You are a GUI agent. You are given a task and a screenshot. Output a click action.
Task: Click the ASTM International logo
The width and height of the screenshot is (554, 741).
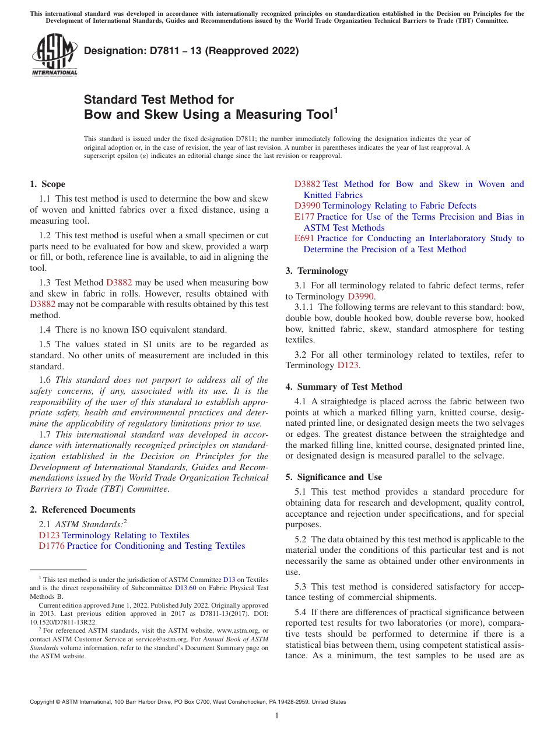[x=54, y=55]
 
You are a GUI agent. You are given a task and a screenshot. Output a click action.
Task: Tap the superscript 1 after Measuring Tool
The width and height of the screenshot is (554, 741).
[x=335, y=109]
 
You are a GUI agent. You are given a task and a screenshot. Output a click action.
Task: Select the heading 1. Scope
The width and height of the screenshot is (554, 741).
[x=48, y=184]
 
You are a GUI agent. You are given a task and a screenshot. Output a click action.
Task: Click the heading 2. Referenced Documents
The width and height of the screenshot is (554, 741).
[x=83, y=510]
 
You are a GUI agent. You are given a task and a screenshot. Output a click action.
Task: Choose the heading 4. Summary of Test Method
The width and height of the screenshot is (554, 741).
[x=343, y=387]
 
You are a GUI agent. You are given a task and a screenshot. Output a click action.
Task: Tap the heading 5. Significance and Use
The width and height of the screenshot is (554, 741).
[x=334, y=477]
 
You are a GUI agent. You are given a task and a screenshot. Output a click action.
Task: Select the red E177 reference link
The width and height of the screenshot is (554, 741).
[x=304, y=217]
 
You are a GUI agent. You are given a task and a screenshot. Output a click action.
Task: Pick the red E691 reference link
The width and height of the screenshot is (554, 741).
[x=304, y=238]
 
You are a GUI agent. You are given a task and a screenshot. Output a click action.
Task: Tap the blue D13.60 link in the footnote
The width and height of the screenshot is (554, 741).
[x=185, y=588]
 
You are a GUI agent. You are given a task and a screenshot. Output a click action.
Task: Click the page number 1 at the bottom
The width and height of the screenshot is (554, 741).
[x=277, y=716]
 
